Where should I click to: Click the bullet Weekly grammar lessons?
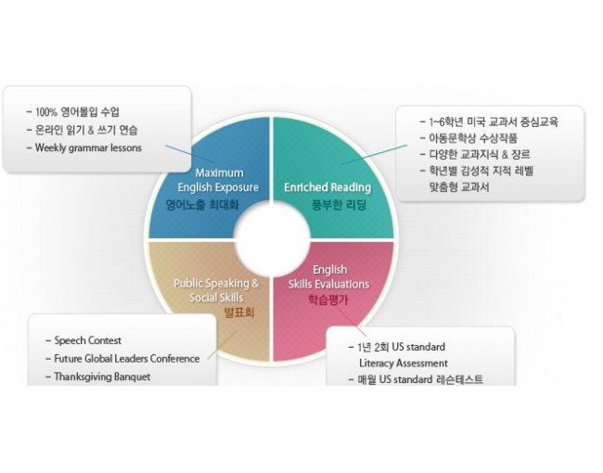(x=88, y=147)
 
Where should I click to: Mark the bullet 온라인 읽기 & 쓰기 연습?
(x=88, y=130)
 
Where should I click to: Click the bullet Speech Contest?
(x=87, y=340)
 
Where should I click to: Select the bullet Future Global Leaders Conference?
(x=126, y=359)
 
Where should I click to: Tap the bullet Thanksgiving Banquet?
(x=102, y=377)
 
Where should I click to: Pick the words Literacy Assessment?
(x=404, y=363)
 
